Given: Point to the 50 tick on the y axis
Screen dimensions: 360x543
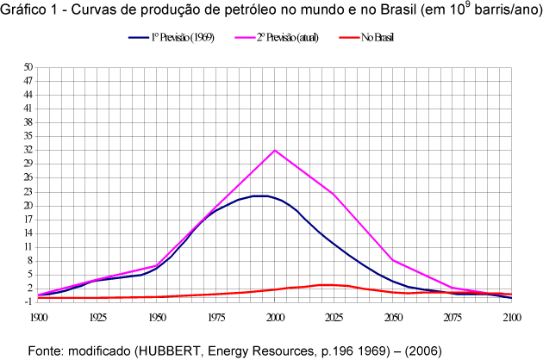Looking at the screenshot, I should (x=28, y=67).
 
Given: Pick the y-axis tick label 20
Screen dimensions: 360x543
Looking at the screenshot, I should (x=28, y=205).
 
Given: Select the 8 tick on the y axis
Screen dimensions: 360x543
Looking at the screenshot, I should (x=30, y=260).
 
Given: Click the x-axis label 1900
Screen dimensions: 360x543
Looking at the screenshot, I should (x=37, y=318).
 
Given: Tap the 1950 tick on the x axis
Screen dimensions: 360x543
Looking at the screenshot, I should (x=156, y=318).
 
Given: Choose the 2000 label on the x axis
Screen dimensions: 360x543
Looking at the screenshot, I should (x=275, y=318).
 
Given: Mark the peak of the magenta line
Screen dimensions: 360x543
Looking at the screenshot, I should (x=275, y=151).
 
